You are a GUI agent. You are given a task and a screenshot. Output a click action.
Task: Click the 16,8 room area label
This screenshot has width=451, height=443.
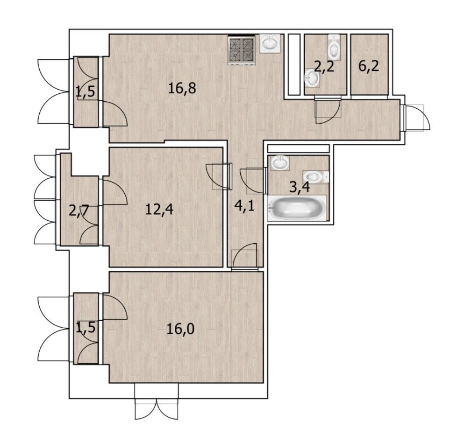[x=182, y=88]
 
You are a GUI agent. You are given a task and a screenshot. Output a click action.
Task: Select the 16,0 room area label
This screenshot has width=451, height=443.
[x=180, y=329]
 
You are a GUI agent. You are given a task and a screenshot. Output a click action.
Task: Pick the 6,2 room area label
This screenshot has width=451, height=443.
[x=369, y=66]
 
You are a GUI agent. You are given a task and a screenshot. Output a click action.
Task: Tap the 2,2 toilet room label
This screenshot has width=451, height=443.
[x=324, y=67]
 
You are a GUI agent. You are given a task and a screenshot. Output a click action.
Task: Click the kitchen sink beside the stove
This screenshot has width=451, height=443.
[x=270, y=43]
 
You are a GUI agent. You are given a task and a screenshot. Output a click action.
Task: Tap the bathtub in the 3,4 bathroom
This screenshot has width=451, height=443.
[x=297, y=208]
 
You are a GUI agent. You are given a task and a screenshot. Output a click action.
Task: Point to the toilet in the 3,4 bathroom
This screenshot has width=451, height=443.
[x=315, y=176]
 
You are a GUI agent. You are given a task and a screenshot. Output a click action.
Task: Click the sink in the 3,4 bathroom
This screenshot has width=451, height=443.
[x=279, y=163]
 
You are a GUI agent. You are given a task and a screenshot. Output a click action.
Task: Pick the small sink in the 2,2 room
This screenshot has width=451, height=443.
[x=312, y=77]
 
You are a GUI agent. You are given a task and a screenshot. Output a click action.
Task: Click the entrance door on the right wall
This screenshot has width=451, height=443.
[x=416, y=118]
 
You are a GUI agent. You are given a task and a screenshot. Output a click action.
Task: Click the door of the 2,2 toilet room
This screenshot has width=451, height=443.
[x=328, y=111]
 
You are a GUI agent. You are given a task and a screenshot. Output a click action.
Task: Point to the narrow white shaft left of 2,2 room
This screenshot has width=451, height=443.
[x=294, y=64]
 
